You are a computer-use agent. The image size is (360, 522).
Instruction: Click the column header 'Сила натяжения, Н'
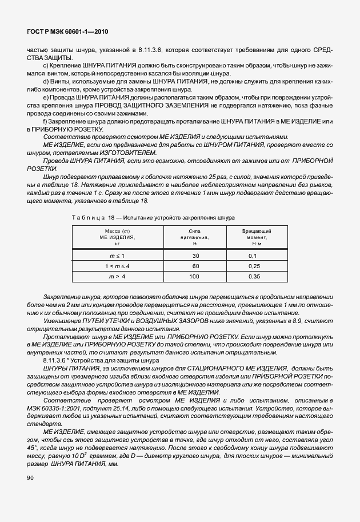(196, 236)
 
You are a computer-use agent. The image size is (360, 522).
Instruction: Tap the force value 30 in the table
(196, 256)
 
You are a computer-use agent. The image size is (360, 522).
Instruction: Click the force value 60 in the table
(196, 266)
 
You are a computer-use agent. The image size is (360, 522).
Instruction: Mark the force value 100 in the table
(196, 276)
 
